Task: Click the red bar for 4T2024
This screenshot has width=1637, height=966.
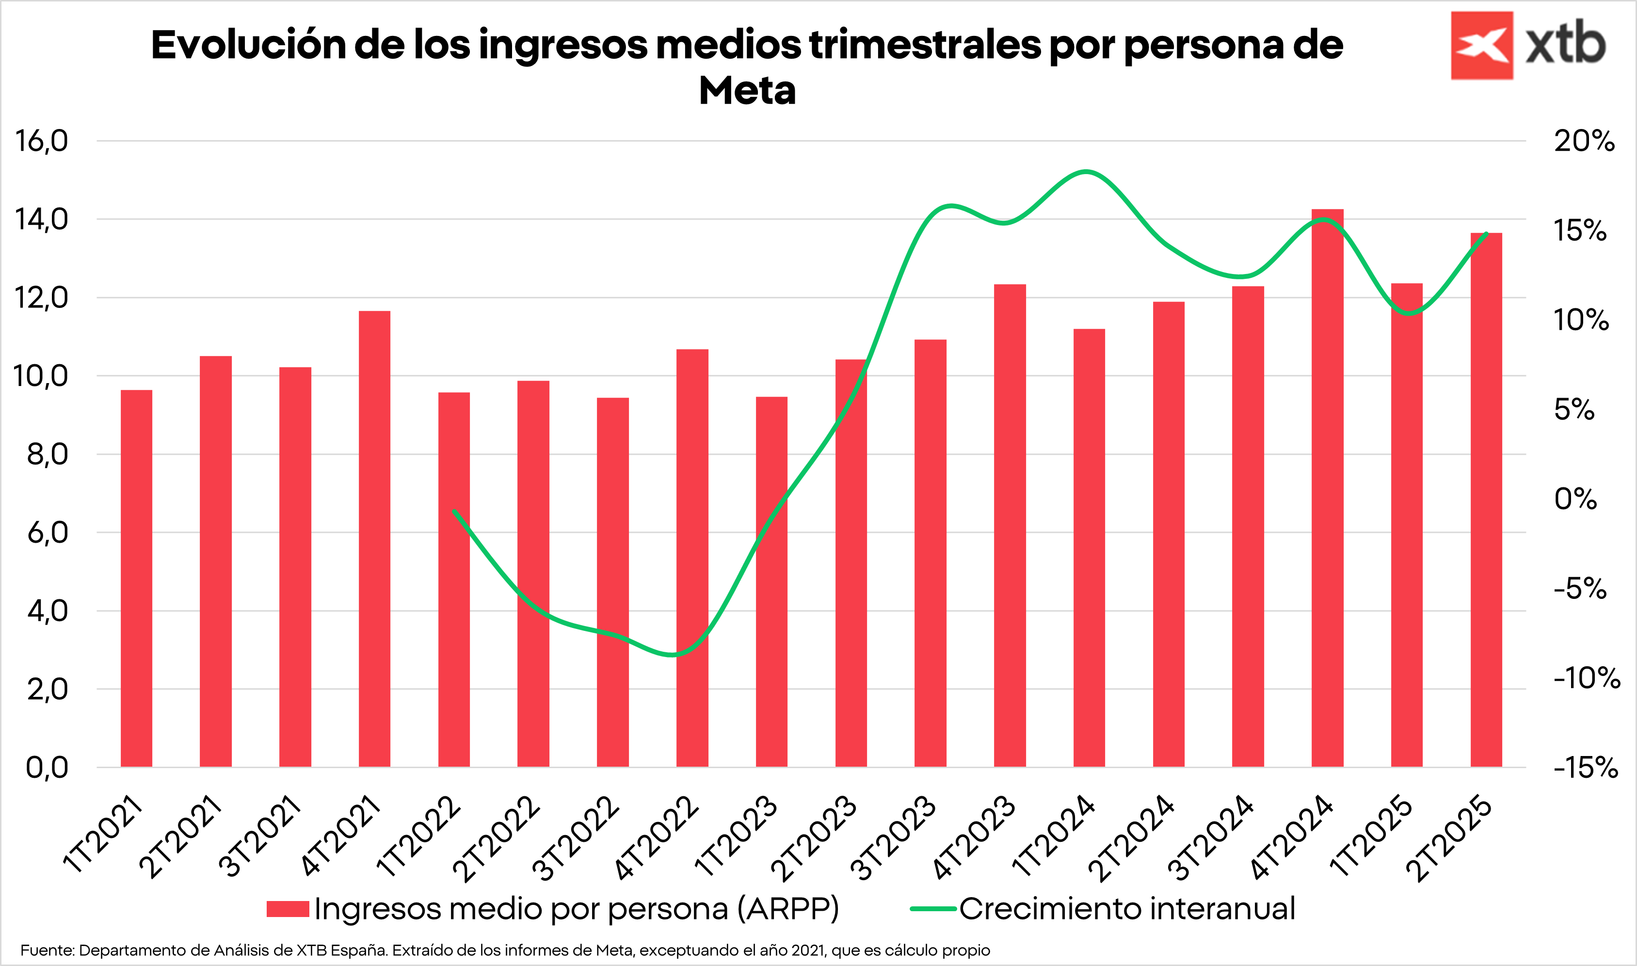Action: [x=1327, y=488]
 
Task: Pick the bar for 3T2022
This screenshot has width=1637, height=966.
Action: [x=612, y=582]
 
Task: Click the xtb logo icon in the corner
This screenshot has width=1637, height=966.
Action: [x=1481, y=46]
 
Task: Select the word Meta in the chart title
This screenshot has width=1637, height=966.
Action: [x=747, y=91]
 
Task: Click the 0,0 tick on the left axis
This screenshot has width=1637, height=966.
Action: [x=47, y=768]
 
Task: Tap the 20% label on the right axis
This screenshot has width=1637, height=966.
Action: [x=1584, y=141]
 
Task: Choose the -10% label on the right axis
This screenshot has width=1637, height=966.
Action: [x=1586, y=678]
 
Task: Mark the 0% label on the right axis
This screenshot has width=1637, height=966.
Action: [x=1575, y=499]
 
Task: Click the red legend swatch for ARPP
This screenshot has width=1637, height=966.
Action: [x=288, y=909]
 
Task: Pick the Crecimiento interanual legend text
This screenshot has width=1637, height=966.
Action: [x=1127, y=909]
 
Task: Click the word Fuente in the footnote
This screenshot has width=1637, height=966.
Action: [x=47, y=950]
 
